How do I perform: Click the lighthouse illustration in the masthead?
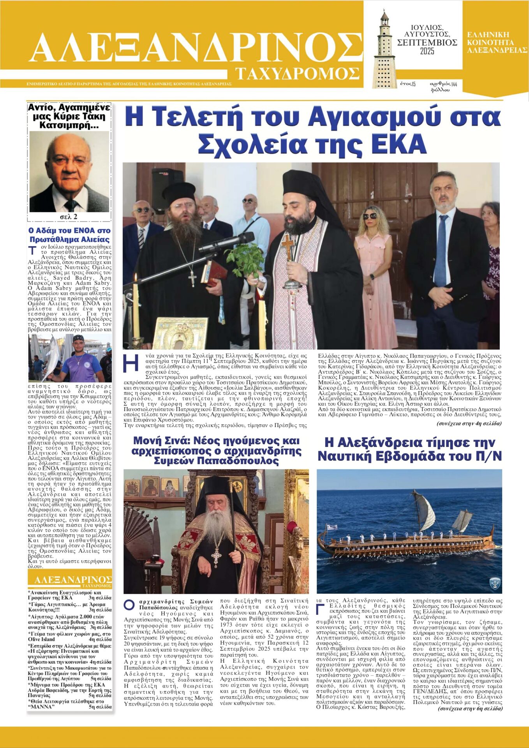click(x=383, y=49)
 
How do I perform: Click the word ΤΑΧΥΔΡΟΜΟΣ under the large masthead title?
click(x=297, y=73)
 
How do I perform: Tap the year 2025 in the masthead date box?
click(x=427, y=51)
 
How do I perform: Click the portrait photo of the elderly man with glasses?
click(x=69, y=171)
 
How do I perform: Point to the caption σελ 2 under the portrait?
click(x=69, y=217)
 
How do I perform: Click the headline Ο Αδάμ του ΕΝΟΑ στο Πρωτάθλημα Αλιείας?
click(x=69, y=235)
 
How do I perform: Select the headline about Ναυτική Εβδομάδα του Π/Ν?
click(x=409, y=449)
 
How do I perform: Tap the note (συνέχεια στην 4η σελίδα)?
click(x=469, y=423)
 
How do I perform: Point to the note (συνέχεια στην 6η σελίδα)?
click(x=470, y=708)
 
